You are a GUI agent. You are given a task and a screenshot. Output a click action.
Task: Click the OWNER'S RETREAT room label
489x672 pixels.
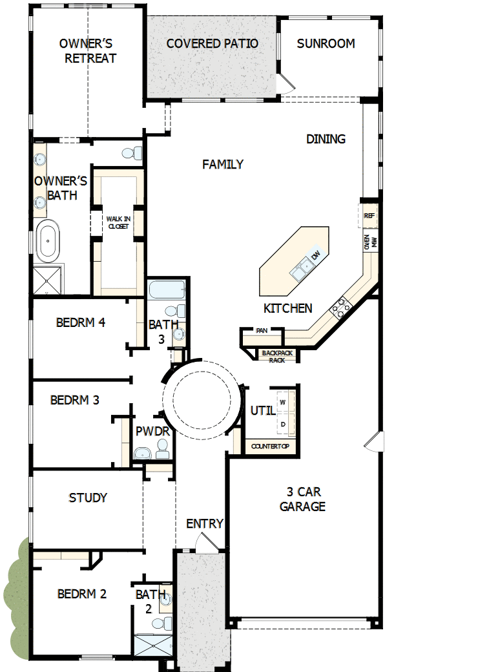[x=87, y=51]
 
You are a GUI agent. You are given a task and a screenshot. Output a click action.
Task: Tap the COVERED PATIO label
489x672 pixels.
[x=212, y=44]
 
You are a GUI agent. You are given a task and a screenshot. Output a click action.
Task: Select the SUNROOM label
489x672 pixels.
[x=326, y=44]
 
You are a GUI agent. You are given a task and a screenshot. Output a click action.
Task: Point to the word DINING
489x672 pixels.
[x=326, y=139]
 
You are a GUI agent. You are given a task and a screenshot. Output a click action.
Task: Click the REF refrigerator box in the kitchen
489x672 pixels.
[x=369, y=216]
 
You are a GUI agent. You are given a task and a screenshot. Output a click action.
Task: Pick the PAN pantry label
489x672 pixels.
[x=262, y=331]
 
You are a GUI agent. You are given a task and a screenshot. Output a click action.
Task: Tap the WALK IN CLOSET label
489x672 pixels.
[x=118, y=223]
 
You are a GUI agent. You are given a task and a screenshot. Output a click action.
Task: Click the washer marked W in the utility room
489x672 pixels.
[x=282, y=402]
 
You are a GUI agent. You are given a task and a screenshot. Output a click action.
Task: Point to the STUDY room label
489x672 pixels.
[x=88, y=498]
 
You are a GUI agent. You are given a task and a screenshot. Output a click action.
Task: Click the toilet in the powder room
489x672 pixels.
[x=162, y=448]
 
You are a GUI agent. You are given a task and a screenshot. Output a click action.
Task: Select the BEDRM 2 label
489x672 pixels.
[x=81, y=594]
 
